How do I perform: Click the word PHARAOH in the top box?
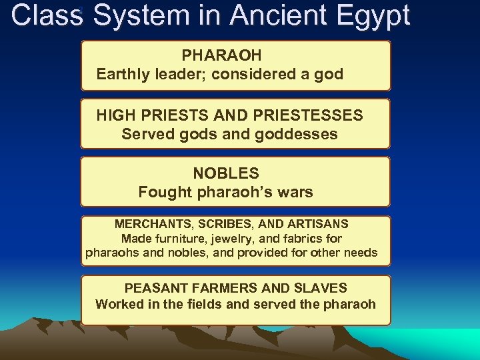click(x=221, y=55)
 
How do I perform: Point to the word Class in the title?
click(x=45, y=16)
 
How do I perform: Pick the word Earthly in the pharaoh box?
click(x=122, y=74)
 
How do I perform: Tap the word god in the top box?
click(x=329, y=74)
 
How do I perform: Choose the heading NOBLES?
click(x=226, y=173)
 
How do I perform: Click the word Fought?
click(x=161, y=192)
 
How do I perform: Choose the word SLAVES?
click(x=322, y=288)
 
